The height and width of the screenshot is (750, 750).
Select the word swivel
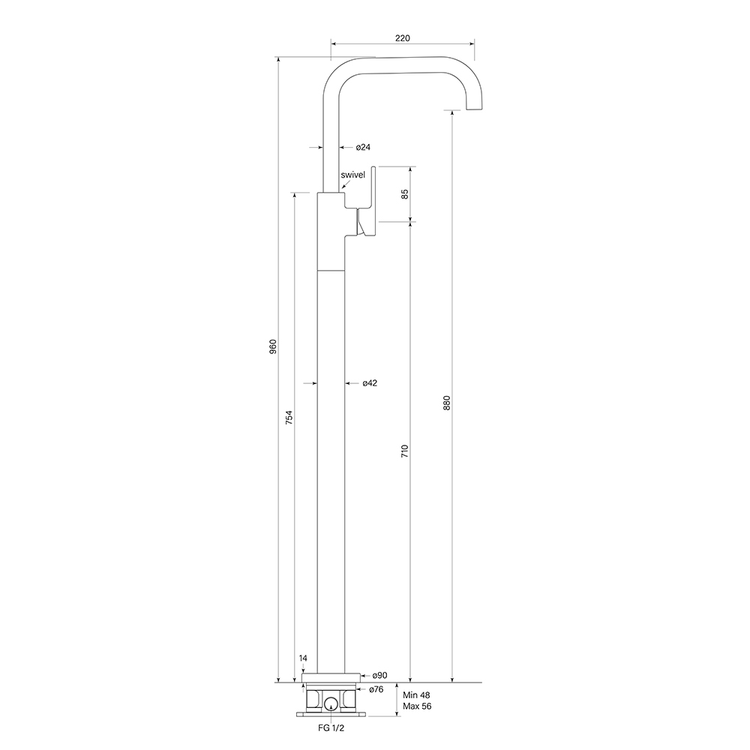(x=353, y=175)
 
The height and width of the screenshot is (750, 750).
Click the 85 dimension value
(x=405, y=193)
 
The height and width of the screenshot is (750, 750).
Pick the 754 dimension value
(x=289, y=418)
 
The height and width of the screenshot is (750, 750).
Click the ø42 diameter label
(x=369, y=383)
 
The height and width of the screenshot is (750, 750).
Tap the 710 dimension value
(x=405, y=451)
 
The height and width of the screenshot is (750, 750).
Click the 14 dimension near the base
(x=303, y=658)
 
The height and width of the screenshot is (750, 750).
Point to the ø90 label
(x=379, y=676)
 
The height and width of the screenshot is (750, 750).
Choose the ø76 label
(x=376, y=689)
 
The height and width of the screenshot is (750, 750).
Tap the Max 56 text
(x=416, y=706)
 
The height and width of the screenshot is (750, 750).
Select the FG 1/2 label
(x=331, y=727)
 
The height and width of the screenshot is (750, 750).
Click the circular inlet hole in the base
(x=331, y=703)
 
